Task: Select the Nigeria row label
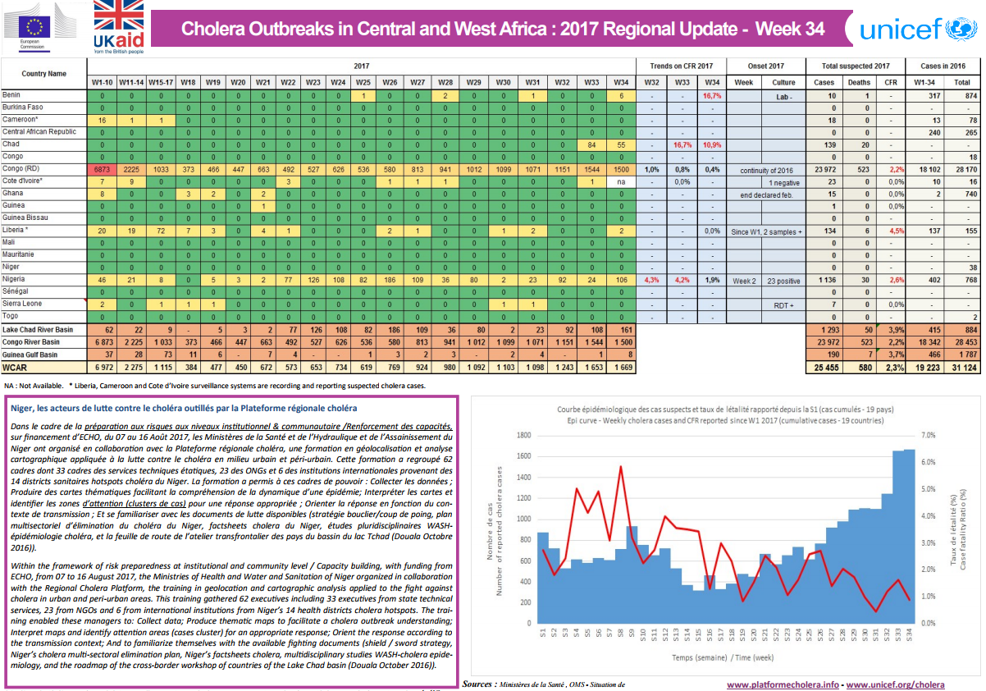(15, 280)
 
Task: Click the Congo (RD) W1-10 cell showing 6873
(103, 168)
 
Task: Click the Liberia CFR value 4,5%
(888, 231)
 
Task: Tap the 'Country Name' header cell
(44, 74)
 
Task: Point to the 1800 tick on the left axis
(522, 436)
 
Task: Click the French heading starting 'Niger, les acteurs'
(182, 408)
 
